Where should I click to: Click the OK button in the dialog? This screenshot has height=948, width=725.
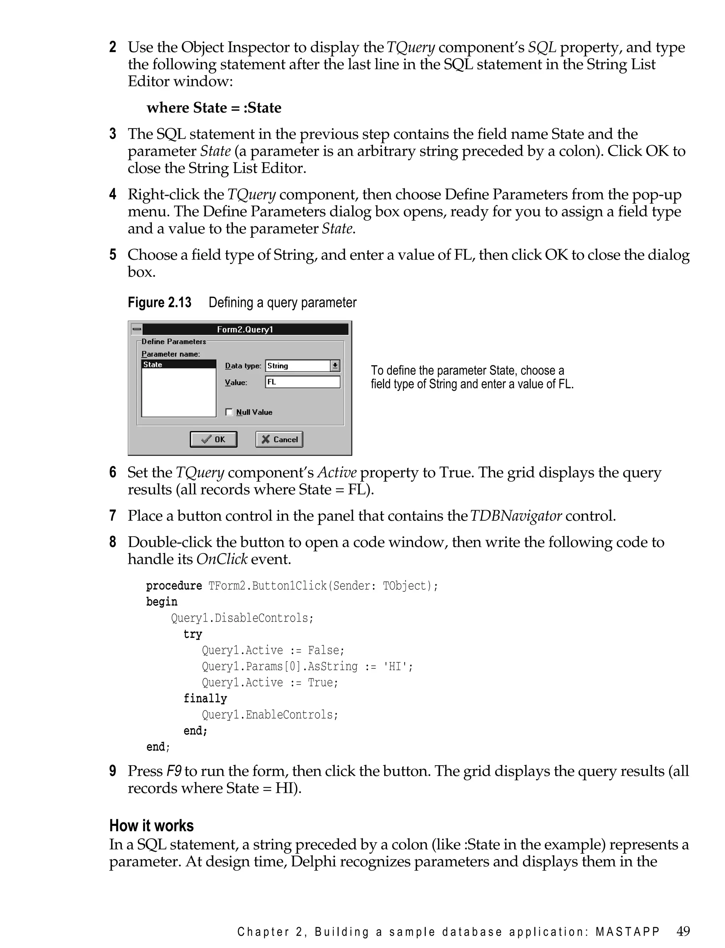213,439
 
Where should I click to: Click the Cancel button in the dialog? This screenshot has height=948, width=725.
279,439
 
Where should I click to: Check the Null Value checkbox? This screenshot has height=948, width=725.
229,412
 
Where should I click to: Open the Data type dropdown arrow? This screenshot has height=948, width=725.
335,366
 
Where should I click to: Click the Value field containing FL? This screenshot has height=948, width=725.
303,382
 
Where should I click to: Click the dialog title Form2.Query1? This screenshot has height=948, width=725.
245,330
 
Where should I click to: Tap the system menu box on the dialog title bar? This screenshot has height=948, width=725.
137,329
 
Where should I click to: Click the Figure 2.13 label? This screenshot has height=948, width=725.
159,302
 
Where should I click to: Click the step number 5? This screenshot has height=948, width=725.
113,255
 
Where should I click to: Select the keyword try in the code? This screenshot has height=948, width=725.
193,634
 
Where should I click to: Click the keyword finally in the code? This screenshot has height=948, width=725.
205,698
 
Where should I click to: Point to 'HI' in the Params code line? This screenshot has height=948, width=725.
395,666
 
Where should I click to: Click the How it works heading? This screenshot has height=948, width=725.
152,825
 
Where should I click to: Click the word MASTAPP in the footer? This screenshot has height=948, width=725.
628,932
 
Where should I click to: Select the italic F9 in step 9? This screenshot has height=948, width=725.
174,771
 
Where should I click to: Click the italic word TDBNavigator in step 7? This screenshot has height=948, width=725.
516,516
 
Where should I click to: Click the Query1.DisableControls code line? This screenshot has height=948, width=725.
242,618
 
